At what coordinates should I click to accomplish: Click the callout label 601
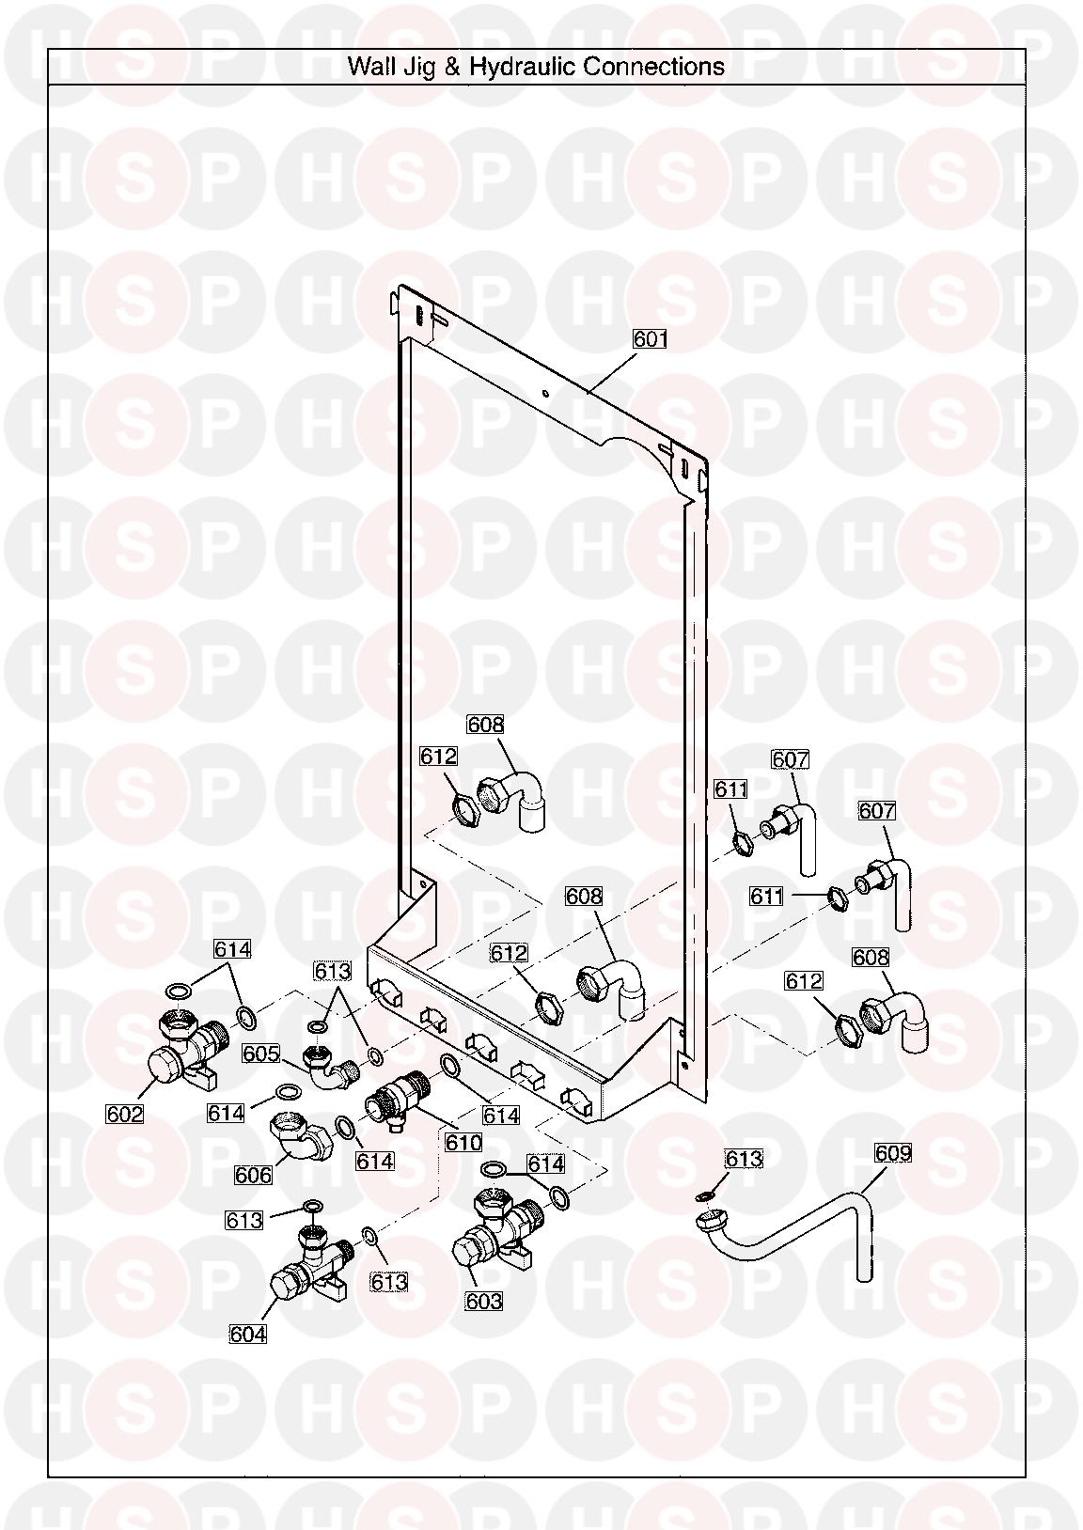tap(650, 338)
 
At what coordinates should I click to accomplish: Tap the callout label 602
tap(124, 1114)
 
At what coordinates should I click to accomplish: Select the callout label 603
tap(483, 1301)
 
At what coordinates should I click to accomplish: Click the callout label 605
tap(261, 1054)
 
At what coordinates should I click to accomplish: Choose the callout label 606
tap(253, 1175)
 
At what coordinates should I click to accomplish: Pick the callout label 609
tap(892, 1153)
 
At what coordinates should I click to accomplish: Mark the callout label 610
tap(463, 1142)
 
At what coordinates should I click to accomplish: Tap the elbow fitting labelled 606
tap(301, 1139)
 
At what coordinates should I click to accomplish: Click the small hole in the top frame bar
tap(544, 393)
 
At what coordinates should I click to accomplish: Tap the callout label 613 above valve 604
tap(243, 1220)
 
